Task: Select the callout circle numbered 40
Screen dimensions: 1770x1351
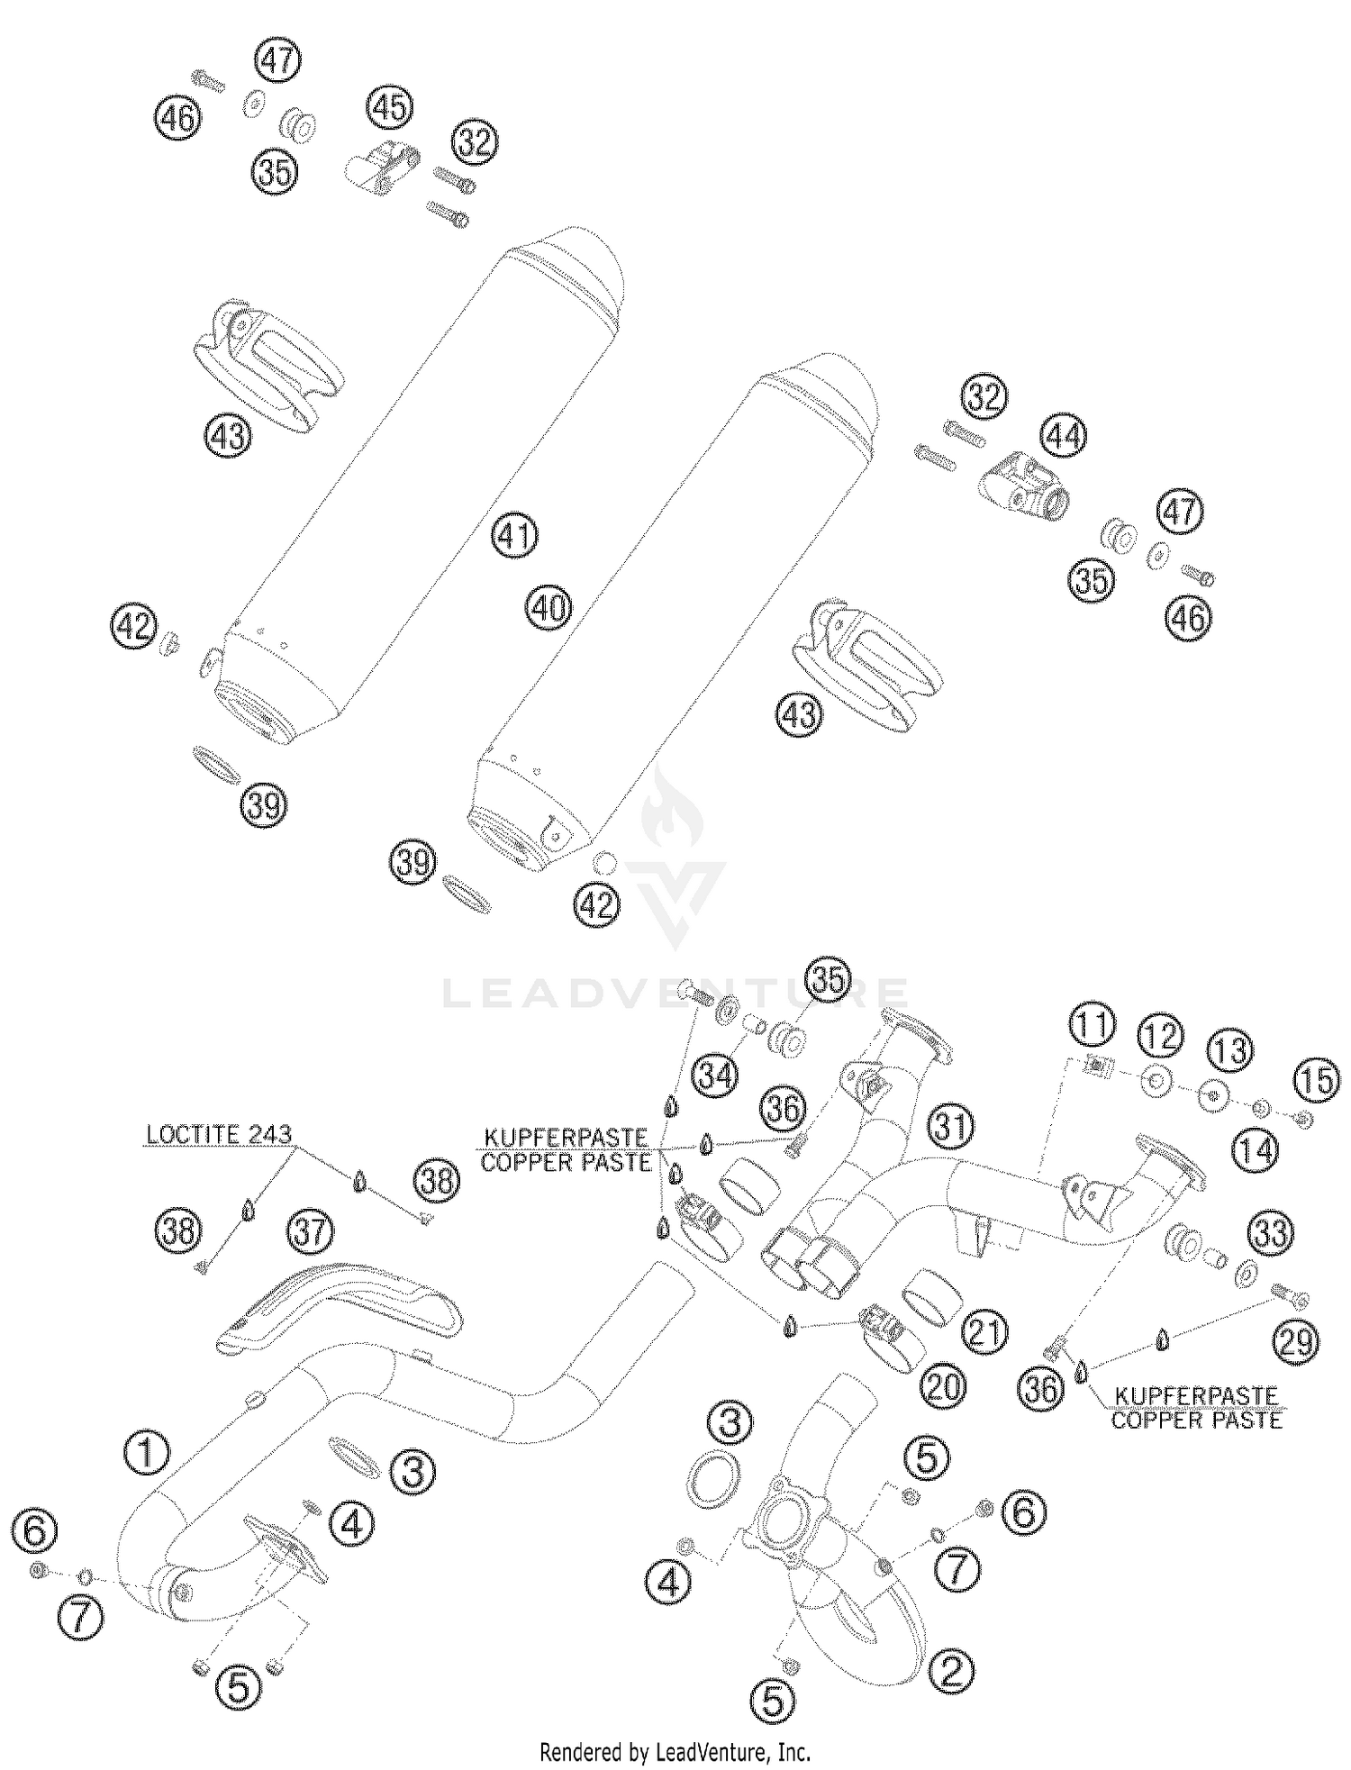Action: pyautogui.click(x=549, y=609)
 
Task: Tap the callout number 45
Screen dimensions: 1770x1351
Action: pyautogui.click(x=389, y=107)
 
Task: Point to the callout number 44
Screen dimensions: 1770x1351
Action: pyautogui.click(x=1063, y=437)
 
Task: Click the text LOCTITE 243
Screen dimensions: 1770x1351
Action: pyautogui.click(x=219, y=1134)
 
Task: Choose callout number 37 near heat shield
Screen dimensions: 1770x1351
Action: pyautogui.click(x=310, y=1231)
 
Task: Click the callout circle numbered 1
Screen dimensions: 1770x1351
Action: pyautogui.click(x=148, y=1453)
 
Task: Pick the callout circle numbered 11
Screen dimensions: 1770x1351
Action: pyautogui.click(x=1092, y=1026)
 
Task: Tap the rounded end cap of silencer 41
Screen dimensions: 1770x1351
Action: pyautogui.click(x=576, y=266)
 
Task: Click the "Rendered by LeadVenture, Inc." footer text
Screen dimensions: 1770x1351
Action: pyautogui.click(x=675, y=1753)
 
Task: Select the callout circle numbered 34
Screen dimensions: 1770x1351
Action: pyautogui.click(x=715, y=1075)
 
